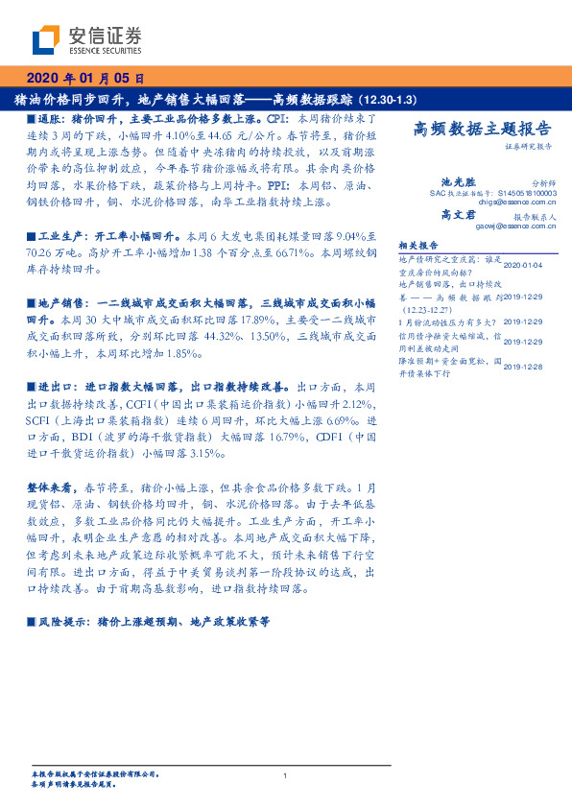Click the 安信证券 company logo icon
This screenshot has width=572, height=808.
tap(46, 41)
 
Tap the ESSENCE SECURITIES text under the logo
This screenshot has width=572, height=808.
tap(106, 54)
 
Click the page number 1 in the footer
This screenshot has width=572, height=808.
tap(286, 775)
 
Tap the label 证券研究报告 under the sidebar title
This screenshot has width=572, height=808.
tap(528, 146)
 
